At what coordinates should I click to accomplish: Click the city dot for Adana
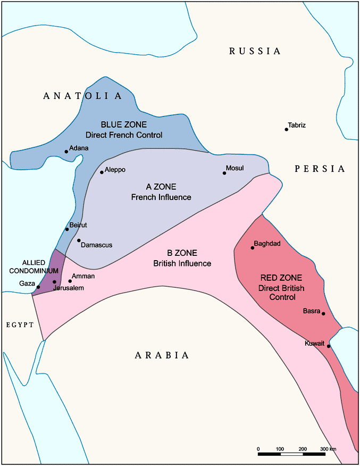pos(66,152)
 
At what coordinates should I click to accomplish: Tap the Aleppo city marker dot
pos(102,172)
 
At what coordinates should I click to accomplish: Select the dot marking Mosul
pos(224,173)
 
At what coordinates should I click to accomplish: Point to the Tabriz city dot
pos(287,129)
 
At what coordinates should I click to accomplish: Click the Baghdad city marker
pos(253,248)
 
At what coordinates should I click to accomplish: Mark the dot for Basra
pos(323,313)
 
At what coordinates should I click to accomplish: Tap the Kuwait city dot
pos(329,346)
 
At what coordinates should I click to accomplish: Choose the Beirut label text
pos(78,226)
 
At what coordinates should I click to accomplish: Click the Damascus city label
pos(96,245)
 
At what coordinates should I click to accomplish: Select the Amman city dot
pos(70,281)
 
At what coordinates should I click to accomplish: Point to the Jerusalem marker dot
pos(54,282)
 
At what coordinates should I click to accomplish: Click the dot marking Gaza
pos(38,287)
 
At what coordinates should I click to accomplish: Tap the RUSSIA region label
pos(255,51)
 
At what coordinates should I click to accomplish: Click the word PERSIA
pos(320,169)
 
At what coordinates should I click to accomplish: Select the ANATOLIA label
pos(82,96)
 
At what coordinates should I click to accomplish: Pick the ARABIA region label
pos(162,355)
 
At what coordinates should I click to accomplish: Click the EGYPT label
pos(20,324)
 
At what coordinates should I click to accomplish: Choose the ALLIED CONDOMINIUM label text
pos(40,267)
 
